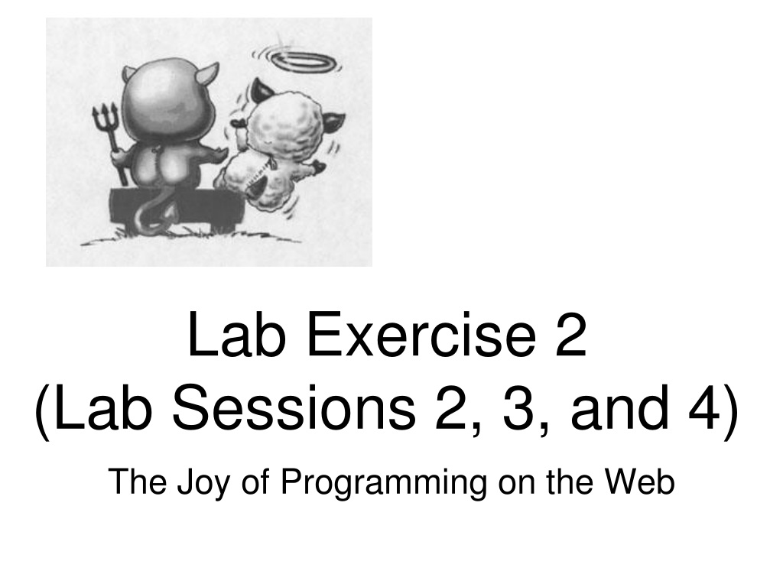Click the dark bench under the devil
177,209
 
